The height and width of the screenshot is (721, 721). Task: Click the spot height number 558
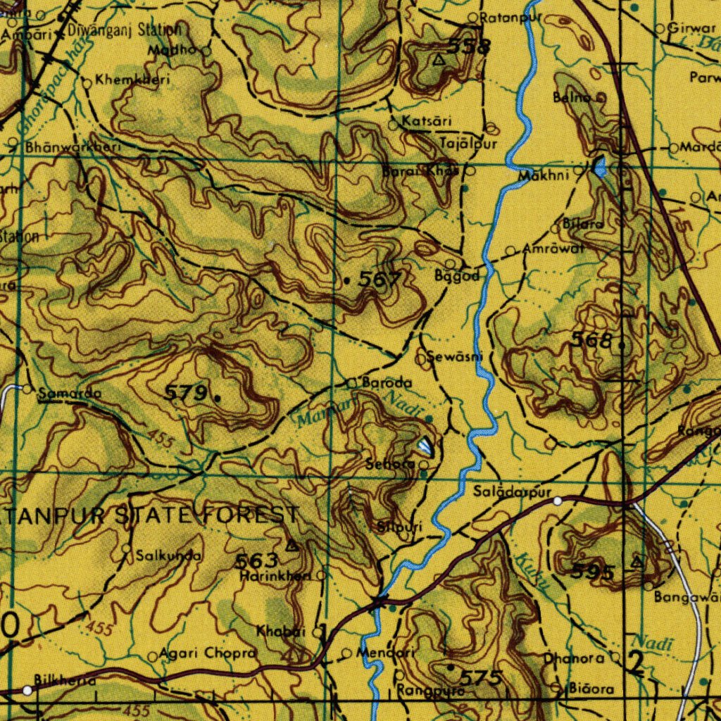click(469, 47)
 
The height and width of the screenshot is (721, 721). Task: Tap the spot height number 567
click(380, 280)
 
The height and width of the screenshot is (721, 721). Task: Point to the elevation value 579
click(187, 393)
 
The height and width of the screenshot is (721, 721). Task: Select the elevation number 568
click(591, 341)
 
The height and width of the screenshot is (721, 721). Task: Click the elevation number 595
click(593, 572)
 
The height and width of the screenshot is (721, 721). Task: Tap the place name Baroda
click(387, 383)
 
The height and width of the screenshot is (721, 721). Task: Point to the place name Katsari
click(427, 122)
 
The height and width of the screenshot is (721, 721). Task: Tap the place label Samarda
click(69, 394)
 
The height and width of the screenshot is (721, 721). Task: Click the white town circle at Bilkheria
click(27, 691)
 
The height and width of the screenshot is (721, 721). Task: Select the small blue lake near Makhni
click(599, 168)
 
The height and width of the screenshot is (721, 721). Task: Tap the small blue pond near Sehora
click(426, 445)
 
